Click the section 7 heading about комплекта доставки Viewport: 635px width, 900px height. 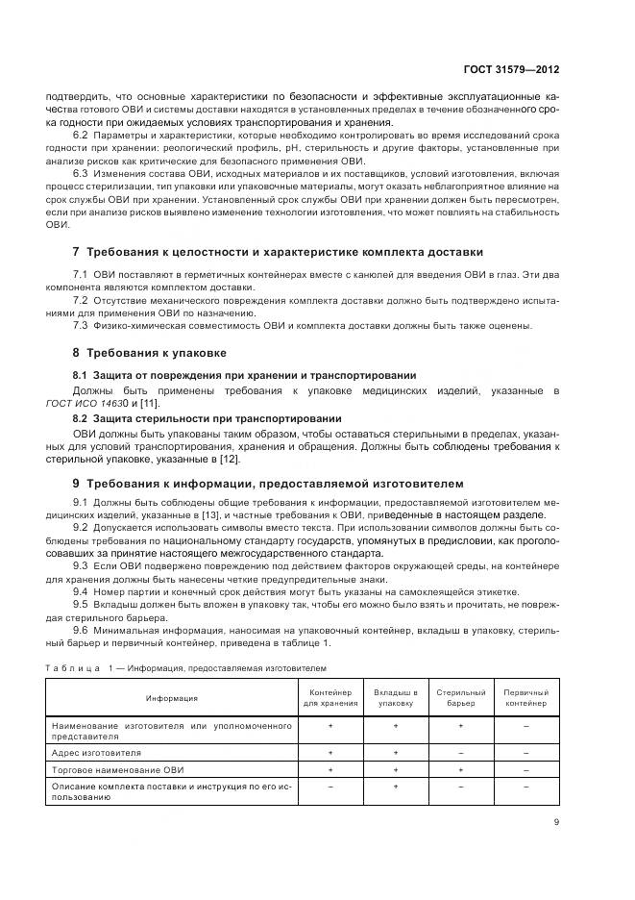(x=278, y=252)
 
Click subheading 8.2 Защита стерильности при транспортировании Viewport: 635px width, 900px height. (x=207, y=418)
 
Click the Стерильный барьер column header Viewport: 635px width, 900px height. (x=460, y=698)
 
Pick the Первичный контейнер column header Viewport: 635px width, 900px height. (x=525, y=698)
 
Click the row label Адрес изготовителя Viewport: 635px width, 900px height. (x=96, y=752)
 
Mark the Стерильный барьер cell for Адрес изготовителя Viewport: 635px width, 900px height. (x=460, y=752)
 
